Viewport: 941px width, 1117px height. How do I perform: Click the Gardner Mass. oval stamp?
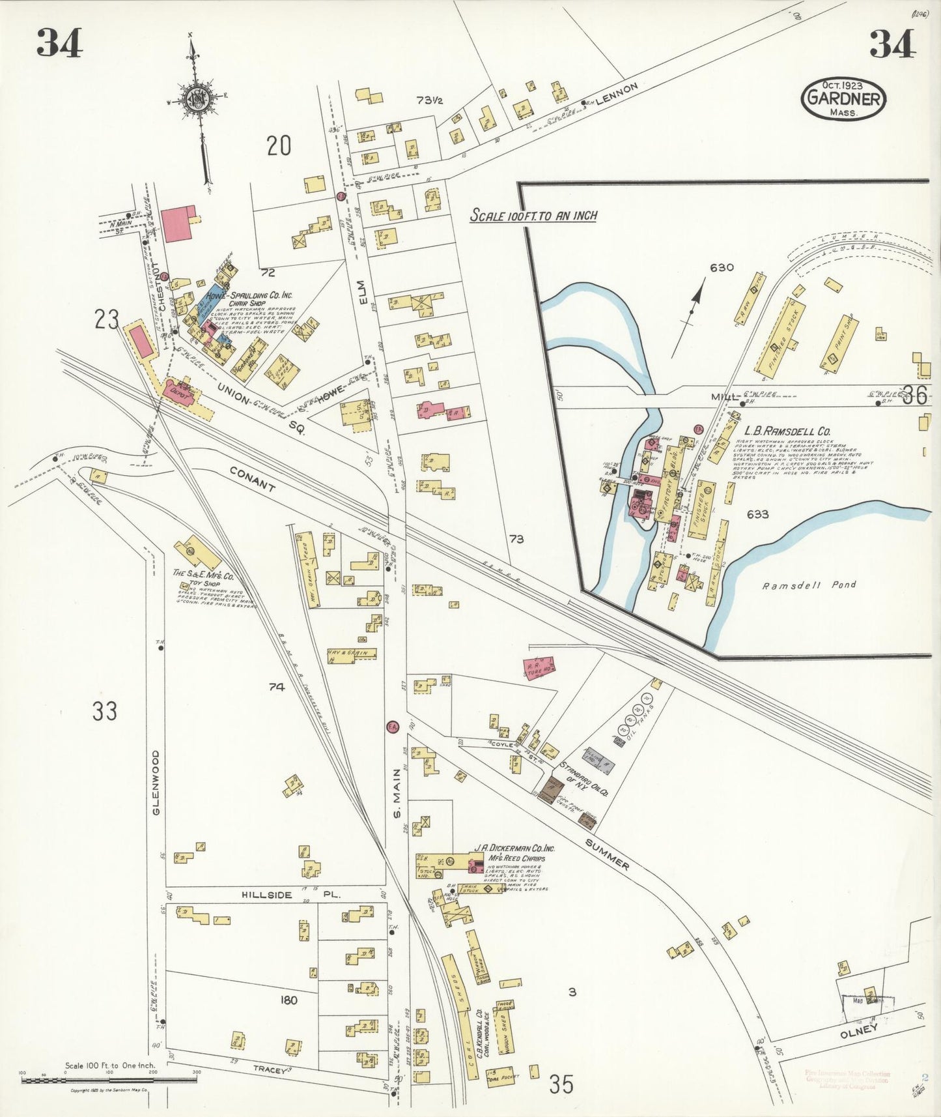(x=843, y=99)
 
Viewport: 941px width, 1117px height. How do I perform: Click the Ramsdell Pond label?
(x=809, y=585)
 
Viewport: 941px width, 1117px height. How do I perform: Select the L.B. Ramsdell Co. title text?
(x=787, y=431)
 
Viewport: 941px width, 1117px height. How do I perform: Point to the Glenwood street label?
(x=156, y=782)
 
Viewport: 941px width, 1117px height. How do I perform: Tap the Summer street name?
(x=608, y=854)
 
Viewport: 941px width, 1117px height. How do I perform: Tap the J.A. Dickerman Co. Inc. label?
(x=514, y=849)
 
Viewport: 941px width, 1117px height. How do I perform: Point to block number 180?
(x=288, y=1000)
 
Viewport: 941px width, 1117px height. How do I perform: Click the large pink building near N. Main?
(x=178, y=224)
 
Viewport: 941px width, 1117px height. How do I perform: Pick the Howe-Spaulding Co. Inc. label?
(x=249, y=295)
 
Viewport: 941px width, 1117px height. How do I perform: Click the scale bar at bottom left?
(x=109, y=1080)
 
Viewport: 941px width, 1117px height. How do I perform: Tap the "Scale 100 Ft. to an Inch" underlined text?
(x=533, y=216)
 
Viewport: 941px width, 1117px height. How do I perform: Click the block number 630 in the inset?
(x=722, y=267)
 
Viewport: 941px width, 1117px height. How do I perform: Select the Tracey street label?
(x=270, y=1069)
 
